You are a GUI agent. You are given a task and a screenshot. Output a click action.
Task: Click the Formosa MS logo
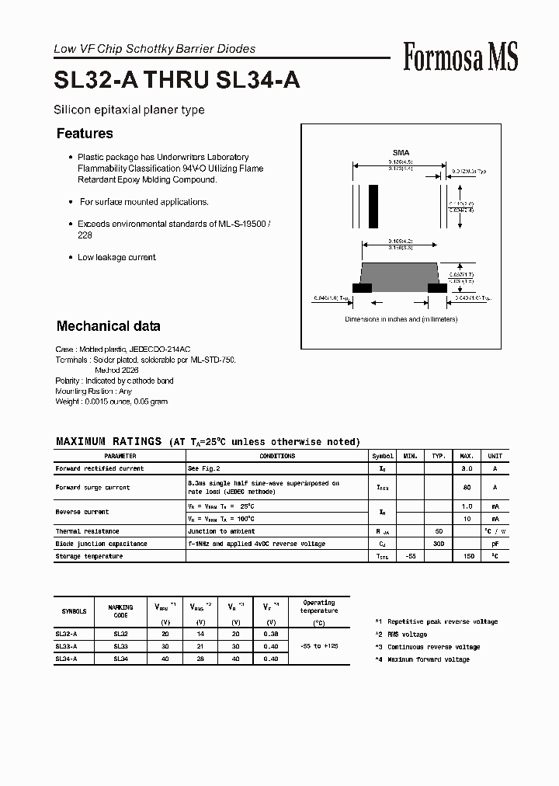tap(460, 57)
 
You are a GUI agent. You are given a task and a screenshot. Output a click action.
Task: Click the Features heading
tap(85, 134)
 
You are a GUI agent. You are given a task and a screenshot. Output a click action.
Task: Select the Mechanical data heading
tap(108, 326)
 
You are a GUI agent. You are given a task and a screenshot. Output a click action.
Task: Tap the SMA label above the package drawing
tap(401, 153)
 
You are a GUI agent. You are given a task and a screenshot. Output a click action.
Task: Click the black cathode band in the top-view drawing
tap(373, 206)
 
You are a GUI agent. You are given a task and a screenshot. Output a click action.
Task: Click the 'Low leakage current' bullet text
tap(116, 257)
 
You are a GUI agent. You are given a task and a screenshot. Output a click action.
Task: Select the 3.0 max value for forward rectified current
tap(467, 469)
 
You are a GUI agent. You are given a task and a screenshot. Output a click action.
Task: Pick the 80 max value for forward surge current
tap(467, 488)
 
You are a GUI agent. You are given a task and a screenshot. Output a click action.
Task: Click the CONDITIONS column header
tap(277, 457)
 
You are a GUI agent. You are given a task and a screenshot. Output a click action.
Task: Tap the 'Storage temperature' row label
tap(89, 556)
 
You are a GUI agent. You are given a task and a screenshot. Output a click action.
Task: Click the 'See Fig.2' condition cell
tap(204, 469)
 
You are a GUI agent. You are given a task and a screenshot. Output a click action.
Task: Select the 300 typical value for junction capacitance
tap(439, 544)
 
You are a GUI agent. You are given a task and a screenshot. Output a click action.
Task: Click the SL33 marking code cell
tap(120, 646)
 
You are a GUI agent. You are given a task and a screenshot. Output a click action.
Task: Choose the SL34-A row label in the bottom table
tap(66, 659)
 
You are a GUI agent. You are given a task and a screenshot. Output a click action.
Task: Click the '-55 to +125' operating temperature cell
tap(318, 646)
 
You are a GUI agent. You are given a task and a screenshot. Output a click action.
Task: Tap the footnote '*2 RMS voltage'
tap(400, 635)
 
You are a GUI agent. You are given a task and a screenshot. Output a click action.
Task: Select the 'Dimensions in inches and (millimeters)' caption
tap(401, 319)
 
